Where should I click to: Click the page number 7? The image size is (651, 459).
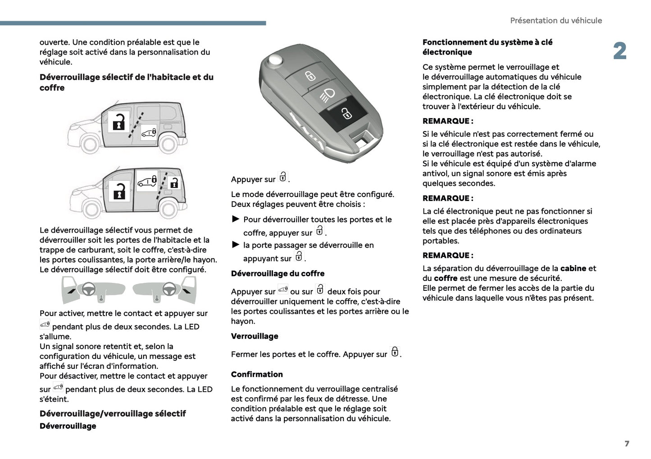point(627,444)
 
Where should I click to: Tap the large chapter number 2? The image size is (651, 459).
point(619,51)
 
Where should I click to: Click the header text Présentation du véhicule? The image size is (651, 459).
point(555,21)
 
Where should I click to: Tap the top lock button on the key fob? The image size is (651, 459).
point(310,76)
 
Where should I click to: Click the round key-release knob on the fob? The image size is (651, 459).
point(274,60)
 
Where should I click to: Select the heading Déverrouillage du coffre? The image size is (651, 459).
point(278,274)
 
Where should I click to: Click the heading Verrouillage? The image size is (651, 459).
point(255,336)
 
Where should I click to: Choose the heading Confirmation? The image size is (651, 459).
point(257,374)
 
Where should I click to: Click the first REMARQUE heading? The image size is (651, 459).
point(447,121)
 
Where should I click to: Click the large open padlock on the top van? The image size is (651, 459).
point(118,121)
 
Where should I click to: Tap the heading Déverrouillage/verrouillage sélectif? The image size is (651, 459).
point(113,413)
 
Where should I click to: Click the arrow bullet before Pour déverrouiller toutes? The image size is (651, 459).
point(236,219)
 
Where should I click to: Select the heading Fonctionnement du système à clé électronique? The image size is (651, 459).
point(487,47)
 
